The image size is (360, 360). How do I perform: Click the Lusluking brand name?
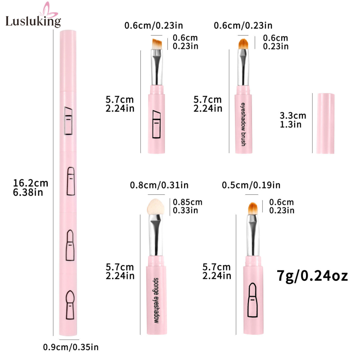click(33, 21)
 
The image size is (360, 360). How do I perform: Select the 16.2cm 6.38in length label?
click(31, 188)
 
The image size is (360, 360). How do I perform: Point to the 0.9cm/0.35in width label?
click(71, 347)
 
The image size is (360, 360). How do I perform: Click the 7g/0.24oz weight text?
click(312, 276)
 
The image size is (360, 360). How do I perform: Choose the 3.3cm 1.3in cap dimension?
click(293, 120)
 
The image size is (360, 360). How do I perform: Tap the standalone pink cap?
click(325, 123)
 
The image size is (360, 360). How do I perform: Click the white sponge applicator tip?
click(156, 207)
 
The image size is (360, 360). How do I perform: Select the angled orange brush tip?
click(157, 44)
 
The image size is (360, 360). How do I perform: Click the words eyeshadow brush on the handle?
click(243, 124)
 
